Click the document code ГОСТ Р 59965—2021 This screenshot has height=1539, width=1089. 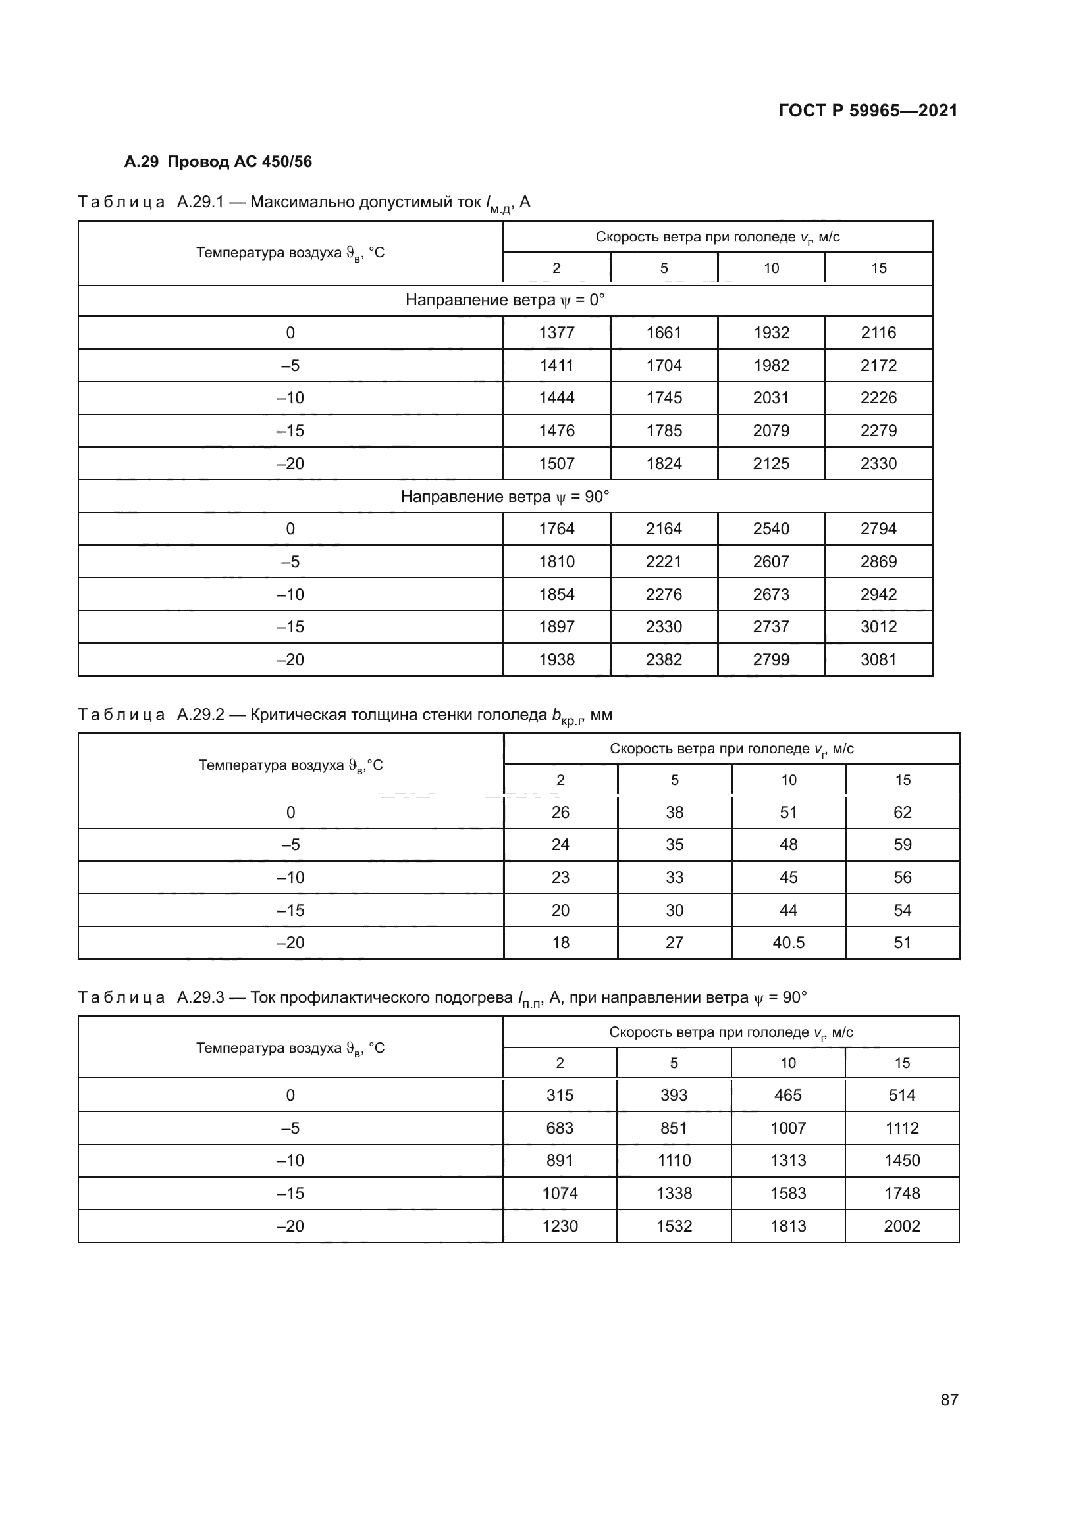pyautogui.click(x=868, y=111)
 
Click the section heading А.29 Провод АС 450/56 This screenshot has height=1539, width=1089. pyautogui.click(x=218, y=162)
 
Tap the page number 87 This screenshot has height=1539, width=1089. pyautogui.click(x=949, y=1400)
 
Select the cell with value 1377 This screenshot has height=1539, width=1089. pyautogui.click(x=556, y=332)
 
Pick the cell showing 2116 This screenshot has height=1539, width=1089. pyautogui.click(x=878, y=332)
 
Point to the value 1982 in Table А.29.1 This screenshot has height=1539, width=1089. pyautogui.click(x=771, y=365)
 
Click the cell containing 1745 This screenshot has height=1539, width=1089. pyautogui.click(x=664, y=398)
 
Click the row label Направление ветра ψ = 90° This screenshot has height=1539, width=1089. pyautogui.click(x=505, y=497)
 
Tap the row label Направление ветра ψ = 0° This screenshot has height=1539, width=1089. pyautogui.click(x=505, y=299)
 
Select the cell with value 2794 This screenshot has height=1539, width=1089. pyautogui.click(x=878, y=529)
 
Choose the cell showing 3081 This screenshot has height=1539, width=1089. pyautogui.click(x=878, y=659)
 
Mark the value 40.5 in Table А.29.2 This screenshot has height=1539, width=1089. pyautogui.click(x=789, y=942)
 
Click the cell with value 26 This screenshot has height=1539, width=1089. pyautogui.click(x=560, y=813)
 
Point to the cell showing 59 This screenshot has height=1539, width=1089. pyautogui.click(x=903, y=845)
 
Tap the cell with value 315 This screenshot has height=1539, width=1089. pyautogui.click(x=560, y=1096)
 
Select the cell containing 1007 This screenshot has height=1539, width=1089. pyautogui.click(x=788, y=1128)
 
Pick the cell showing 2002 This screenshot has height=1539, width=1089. pyautogui.click(x=902, y=1226)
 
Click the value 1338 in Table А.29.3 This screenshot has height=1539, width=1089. pyautogui.click(x=674, y=1193)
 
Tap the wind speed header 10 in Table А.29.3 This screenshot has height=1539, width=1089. pyautogui.click(x=788, y=1063)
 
